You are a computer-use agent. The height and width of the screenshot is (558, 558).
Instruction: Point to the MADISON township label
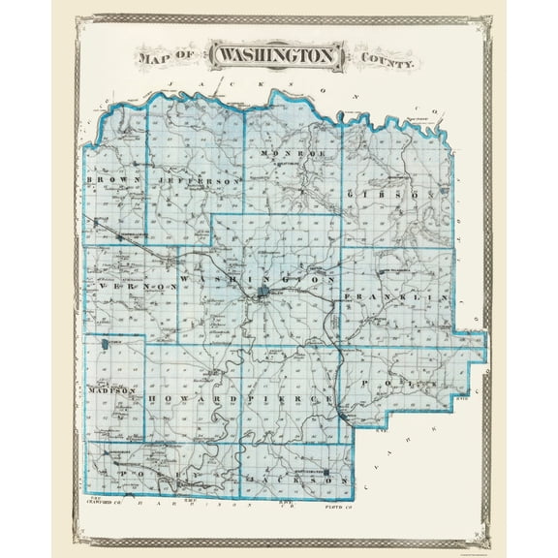click(108, 390)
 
